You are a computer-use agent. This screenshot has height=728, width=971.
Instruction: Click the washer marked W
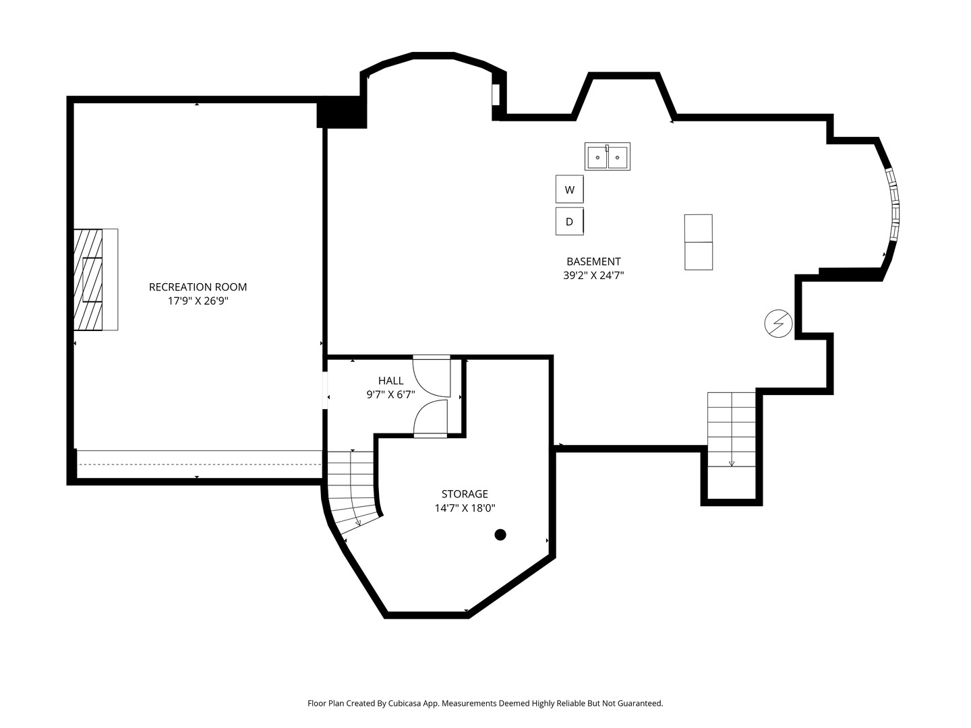(569, 189)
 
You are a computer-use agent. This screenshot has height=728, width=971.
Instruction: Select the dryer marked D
(569, 221)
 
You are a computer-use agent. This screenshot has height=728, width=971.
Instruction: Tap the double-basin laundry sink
(608, 156)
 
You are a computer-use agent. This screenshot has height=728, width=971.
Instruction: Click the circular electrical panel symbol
(778, 324)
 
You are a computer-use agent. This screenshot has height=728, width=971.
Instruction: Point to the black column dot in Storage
(500, 535)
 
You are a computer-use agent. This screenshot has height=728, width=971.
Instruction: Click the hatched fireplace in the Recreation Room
(88, 279)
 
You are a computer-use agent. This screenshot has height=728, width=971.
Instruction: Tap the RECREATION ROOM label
(198, 287)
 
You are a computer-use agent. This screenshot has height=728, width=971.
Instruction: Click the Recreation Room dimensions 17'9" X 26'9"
(198, 301)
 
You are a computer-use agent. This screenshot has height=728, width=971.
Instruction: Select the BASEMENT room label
(593, 262)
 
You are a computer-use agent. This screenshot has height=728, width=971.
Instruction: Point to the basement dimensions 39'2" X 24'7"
(593, 276)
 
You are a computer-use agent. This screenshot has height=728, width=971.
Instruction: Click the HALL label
(390, 381)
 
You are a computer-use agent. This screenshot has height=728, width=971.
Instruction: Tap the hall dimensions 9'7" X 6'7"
(390, 395)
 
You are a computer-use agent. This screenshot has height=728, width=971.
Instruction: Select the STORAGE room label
(465, 493)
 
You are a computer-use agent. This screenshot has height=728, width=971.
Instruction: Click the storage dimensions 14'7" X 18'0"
(465, 508)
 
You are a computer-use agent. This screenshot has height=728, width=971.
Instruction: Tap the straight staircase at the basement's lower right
(731, 429)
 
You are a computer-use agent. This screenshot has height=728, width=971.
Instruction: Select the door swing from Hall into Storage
(430, 418)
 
